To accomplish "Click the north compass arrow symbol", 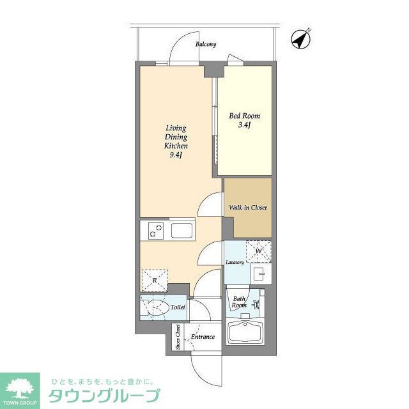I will coord(300,40).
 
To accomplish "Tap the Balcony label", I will coord(206,45).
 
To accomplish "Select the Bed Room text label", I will coord(245,116).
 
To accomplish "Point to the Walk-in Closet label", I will coord(247,208).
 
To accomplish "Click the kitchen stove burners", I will coord(155,230).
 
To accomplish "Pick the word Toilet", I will coord(178,308).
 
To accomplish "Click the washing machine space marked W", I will coord(259,251).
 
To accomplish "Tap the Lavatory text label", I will coord(235,263).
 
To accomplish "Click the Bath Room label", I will coord(239,302).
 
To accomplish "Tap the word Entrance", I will coord(203,337).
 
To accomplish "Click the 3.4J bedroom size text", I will coord(243,125).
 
